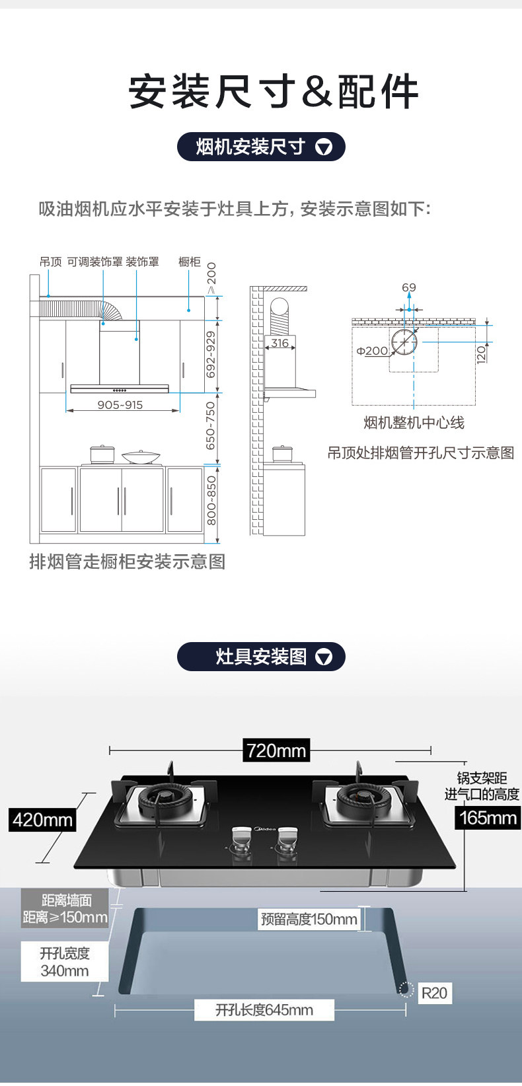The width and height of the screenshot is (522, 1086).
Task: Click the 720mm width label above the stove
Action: click(x=276, y=750)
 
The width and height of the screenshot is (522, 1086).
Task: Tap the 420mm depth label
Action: click(x=43, y=820)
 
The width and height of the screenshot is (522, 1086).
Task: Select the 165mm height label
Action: click(x=488, y=818)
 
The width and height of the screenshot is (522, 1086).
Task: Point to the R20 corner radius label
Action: click(x=434, y=993)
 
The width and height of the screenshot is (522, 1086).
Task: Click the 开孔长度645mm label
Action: click(x=264, y=1010)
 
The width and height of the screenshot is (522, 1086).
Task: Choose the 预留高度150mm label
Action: click(x=309, y=919)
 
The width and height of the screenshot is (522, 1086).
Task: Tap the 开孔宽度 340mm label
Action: click(x=64, y=962)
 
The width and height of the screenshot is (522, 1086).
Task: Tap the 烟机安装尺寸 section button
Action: click(x=261, y=147)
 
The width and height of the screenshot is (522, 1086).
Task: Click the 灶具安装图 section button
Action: click(x=261, y=657)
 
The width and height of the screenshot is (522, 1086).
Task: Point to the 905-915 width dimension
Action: click(x=120, y=405)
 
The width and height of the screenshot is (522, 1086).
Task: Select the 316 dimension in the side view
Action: click(x=280, y=343)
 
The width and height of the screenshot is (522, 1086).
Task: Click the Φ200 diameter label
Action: click(x=373, y=351)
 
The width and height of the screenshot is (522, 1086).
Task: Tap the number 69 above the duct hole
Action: click(x=409, y=287)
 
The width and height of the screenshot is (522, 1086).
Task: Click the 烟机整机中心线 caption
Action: click(x=414, y=423)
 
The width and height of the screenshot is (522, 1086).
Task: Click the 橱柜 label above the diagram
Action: click(x=190, y=262)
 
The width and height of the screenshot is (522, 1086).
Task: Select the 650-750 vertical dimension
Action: click(x=211, y=425)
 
